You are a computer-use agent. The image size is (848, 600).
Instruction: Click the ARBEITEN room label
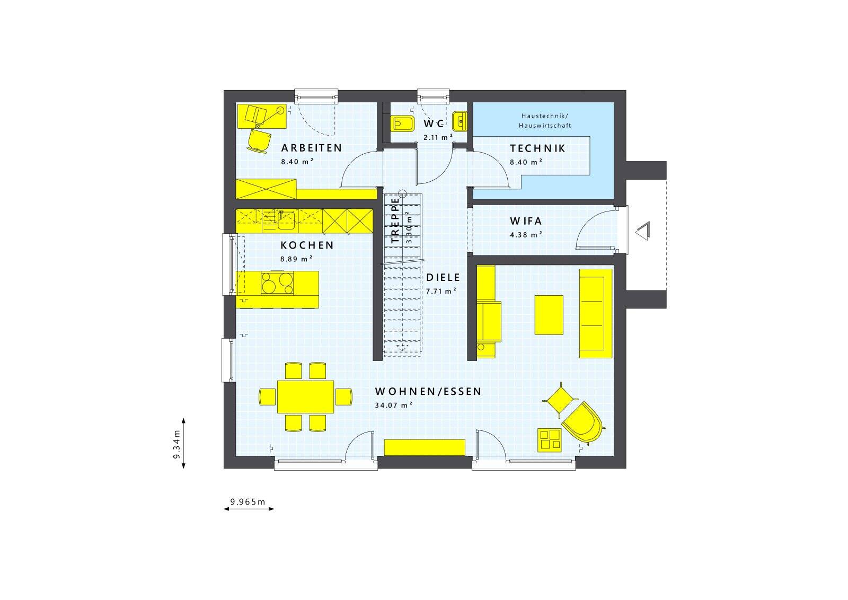pos(312,148)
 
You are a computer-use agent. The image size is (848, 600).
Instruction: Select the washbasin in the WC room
pos(460,121)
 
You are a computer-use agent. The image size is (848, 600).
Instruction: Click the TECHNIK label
pos(537,148)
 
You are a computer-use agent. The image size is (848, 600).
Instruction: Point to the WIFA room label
pos(526,220)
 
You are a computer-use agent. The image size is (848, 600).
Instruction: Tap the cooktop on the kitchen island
pos(277,283)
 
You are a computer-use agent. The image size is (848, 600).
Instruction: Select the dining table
pos(305,396)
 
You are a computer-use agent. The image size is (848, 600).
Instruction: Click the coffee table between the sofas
pos(549,315)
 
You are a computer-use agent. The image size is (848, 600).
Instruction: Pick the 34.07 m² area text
pos(393,405)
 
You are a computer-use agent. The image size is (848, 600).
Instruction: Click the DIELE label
pos(443,278)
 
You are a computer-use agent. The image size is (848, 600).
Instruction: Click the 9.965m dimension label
pos(248,502)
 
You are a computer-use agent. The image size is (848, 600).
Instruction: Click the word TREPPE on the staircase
pos(395,220)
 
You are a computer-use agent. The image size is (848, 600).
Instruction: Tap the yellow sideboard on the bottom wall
pos(425,447)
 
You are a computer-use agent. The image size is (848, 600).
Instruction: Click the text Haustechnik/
pos(545,116)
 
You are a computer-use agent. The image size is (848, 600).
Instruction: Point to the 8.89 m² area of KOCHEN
pos(296,259)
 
